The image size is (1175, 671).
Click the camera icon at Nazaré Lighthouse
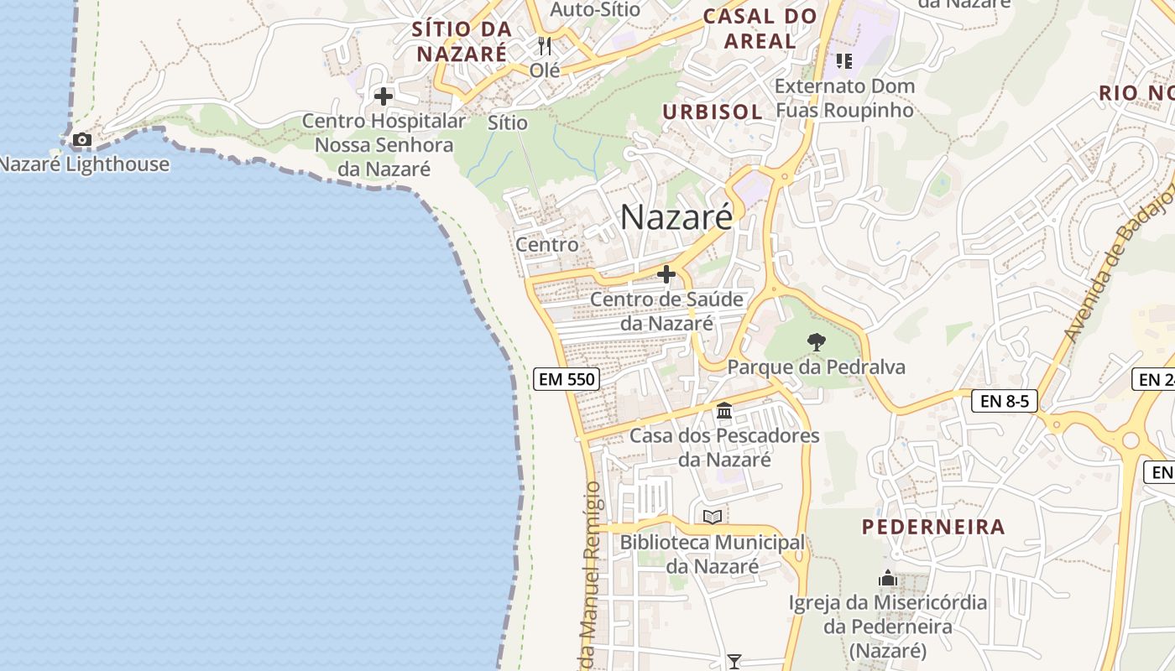81,139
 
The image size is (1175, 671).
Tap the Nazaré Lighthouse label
84,164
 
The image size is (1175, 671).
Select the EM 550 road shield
567,379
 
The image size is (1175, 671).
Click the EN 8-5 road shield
1005,401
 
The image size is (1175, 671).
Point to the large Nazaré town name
676,217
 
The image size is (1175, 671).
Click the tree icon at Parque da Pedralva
816,342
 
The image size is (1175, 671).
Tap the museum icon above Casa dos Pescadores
724,411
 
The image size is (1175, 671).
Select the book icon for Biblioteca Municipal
712,517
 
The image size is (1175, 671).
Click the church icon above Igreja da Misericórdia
888,578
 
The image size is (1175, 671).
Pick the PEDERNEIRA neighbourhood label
933,527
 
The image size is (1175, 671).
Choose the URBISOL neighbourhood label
713,112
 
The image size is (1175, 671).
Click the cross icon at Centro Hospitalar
384,96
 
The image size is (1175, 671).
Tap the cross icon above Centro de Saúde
666,274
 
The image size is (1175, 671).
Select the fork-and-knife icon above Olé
545,45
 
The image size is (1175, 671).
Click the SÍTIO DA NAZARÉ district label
461,41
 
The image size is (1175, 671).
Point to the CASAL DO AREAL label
760,29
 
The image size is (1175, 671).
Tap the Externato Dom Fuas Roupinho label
844,98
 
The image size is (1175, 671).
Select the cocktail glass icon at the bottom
734,662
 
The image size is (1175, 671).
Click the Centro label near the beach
547,245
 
